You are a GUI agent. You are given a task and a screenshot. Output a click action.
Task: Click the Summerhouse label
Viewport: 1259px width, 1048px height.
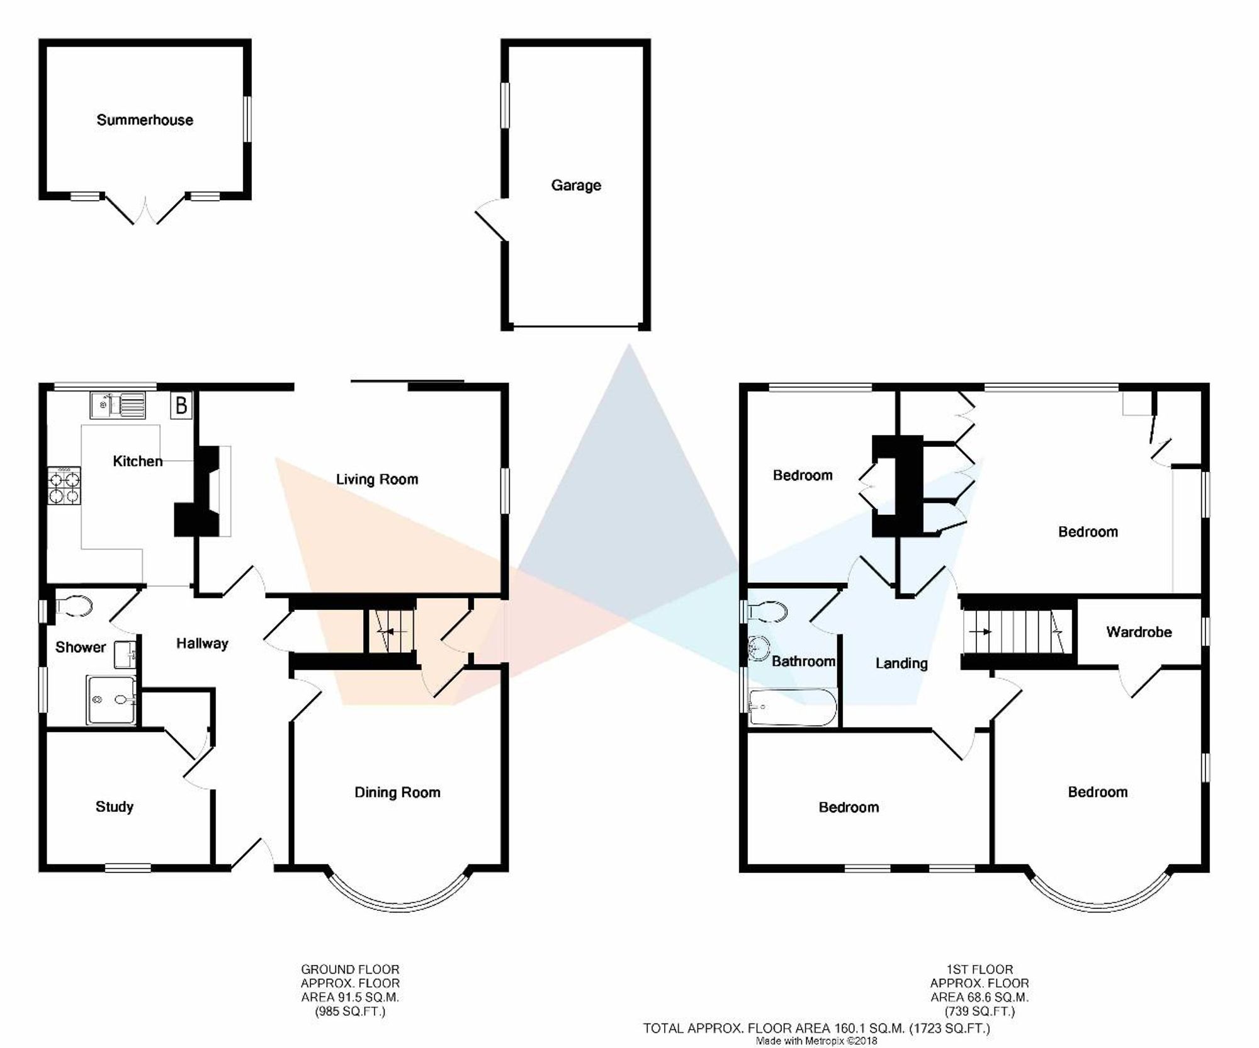pyautogui.click(x=145, y=120)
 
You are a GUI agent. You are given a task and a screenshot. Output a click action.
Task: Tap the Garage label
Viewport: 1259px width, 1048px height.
pyautogui.click(x=576, y=186)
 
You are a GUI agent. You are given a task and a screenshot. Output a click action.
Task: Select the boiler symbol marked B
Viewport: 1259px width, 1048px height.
pyautogui.click(x=181, y=405)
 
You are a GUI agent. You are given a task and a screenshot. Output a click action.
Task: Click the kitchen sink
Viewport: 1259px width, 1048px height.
pyautogui.click(x=118, y=405)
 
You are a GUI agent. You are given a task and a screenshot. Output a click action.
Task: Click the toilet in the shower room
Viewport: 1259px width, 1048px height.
pyautogui.click(x=75, y=606)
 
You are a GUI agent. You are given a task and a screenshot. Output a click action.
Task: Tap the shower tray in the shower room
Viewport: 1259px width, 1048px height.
pyautogui.click(x=111, y=699)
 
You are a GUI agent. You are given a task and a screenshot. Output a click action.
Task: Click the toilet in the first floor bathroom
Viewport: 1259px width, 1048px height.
pyautogui.click(x=767, y=611)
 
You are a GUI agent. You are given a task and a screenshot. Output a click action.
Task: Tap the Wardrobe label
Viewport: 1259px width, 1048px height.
pyautogui.click(x=1139, y=632)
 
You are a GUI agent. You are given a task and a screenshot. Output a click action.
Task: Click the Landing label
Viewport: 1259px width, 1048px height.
pyautogui.click(x=901, y=663)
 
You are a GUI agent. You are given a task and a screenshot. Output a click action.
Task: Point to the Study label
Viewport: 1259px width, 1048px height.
pyautogui.click(x=115, y=807)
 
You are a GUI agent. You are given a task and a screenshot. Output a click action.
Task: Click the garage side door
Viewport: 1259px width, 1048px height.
pyautogui.click(x=492, y=220)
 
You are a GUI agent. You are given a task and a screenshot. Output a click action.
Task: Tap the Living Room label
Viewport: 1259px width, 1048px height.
pyautogui.click(x=377, y=480)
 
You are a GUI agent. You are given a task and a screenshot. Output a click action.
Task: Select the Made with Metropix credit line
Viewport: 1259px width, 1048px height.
pyautogui.click(x=816, y=1041)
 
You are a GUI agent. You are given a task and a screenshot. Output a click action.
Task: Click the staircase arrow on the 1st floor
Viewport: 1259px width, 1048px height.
pyautogui.click(x=980, y=631)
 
